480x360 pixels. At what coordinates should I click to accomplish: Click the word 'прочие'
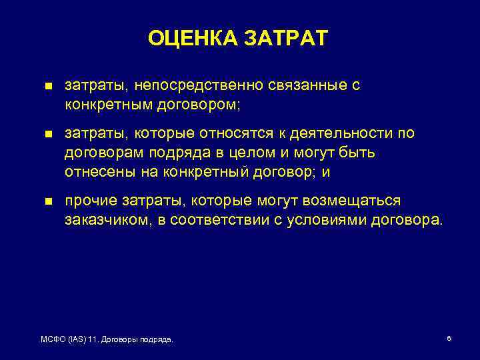(89, 201)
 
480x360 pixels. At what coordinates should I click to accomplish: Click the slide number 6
(449, 339)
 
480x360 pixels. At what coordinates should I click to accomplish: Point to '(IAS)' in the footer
(79, 340)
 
